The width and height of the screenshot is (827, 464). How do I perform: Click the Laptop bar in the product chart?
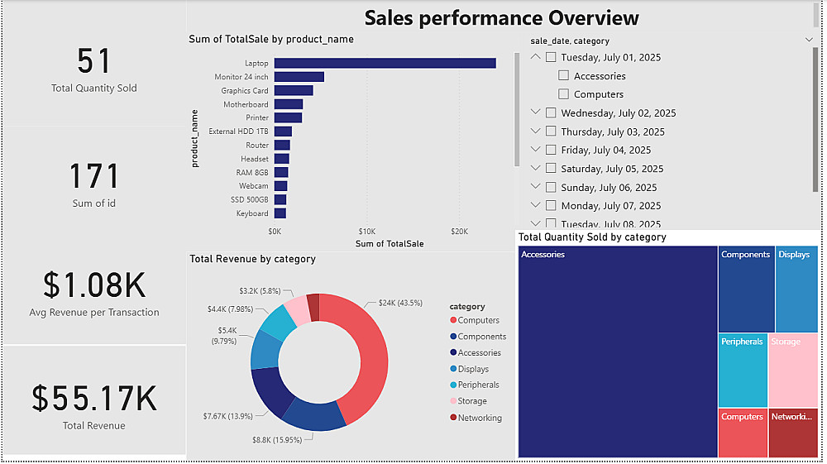(385, 63)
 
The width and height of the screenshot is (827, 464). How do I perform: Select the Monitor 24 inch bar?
(299, 77)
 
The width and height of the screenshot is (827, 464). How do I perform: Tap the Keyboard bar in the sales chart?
(280, 213)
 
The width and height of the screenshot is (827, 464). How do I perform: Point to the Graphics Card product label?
(245, 91)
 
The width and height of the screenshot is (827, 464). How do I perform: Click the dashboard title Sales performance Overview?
(501, 18)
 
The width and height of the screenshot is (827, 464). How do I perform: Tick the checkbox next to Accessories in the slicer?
(564, 76)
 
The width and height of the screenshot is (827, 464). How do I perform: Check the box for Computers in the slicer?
(564, 94)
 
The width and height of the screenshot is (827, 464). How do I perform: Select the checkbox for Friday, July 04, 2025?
(551, 150)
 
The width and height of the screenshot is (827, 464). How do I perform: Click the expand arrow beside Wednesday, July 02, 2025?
(536, 112)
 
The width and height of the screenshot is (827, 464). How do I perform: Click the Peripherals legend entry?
(478, 385)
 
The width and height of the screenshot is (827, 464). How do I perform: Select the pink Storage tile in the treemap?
(792, 370)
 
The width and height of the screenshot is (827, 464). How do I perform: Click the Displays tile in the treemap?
(796, 289)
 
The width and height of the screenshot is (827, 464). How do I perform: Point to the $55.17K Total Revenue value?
(94, 399)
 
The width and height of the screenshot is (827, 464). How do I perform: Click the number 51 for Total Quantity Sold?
(94, 61)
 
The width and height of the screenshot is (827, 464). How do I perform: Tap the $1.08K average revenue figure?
(94, 285)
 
